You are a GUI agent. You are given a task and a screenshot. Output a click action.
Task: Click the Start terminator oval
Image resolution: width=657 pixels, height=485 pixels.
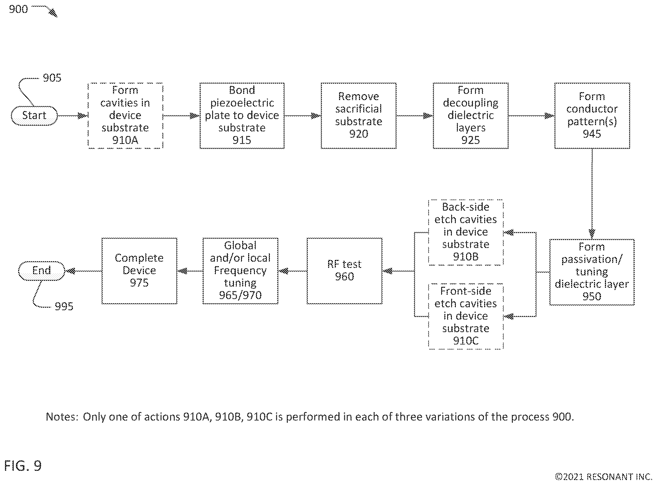[34, 116]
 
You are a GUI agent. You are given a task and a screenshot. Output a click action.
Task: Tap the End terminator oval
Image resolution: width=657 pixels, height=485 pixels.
[41, 271]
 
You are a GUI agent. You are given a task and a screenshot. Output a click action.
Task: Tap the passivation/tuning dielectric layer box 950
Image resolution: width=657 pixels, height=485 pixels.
[592, 272]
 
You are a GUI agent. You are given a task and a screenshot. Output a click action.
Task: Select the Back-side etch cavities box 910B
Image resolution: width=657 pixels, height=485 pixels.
[466, 232]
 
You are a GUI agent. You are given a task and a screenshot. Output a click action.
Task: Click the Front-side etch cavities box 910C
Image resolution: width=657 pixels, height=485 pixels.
[466, 316]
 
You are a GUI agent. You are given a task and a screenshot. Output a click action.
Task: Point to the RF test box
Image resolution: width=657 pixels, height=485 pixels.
[344, 271]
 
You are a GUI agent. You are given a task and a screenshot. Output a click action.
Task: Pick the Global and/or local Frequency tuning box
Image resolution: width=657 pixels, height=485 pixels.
[240, 271]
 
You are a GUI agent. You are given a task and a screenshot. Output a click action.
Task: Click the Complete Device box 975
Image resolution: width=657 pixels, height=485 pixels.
[139, 271]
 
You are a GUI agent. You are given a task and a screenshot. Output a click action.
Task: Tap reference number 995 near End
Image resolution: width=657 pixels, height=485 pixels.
[64, 306]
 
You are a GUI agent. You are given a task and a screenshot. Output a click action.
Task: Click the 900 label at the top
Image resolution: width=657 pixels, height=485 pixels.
[18, 9]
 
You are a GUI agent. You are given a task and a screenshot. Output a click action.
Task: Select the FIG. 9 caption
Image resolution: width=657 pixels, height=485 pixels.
[23, 466]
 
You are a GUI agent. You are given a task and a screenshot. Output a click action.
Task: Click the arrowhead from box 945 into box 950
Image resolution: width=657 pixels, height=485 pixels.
[592, 234]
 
